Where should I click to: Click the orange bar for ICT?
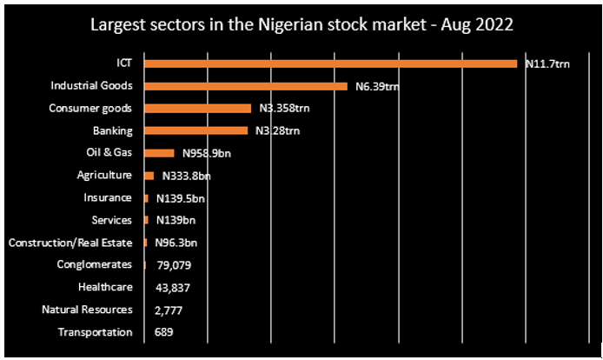coord(330,63)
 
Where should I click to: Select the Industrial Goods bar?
coord(246,86)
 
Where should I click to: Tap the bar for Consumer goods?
coord(197,109)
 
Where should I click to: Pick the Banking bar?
coord(196,131)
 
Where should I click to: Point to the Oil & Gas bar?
coord(159,153)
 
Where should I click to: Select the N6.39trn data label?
coord(376,87)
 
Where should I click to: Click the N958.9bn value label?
coord(206,154)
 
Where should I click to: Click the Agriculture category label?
coord(104,176)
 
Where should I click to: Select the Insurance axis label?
coord(108,198)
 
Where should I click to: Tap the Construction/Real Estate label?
coord(70,243)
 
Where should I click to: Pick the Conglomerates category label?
coord(94,264)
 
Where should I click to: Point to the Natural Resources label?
coord(87,310)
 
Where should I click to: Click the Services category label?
coord(111,220)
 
